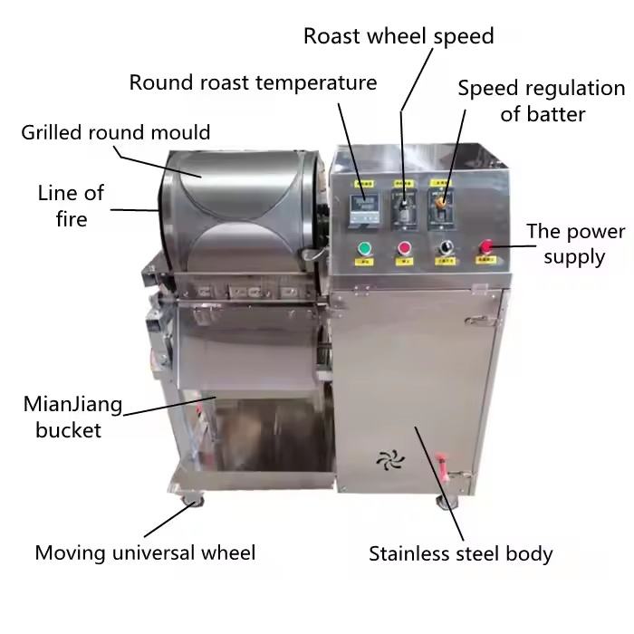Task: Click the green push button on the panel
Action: [x=365, y=248]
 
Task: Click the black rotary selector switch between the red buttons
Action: [x=445, y=247]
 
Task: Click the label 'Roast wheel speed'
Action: [x=399, y=36]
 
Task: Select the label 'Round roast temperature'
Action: [x=253, y=82]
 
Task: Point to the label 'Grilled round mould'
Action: [x=116, y=132]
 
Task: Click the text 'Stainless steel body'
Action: [x=460, y=553]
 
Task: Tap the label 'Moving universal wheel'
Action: [x=145, y=552]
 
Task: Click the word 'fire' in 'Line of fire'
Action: [x=70, y=218]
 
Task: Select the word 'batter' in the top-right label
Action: [x=543, y=114]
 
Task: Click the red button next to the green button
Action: [x=405, y=248]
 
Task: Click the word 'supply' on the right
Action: [x=575, y=256]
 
